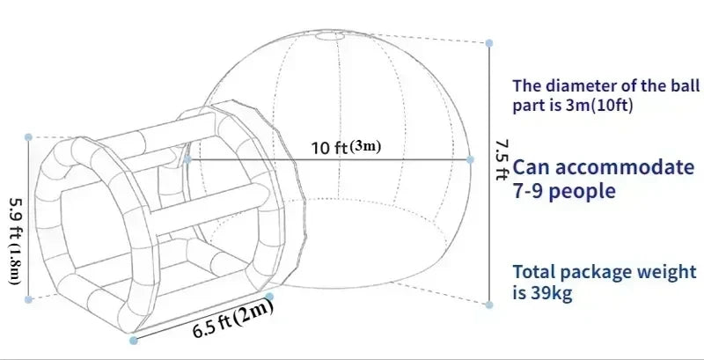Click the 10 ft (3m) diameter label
(346, 146)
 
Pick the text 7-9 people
(564, 191)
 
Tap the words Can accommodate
(604, 167)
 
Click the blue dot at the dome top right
(489, 40)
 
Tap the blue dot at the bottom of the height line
(489, 304)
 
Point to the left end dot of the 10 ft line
(187, 159)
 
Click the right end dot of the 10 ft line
(470, 159)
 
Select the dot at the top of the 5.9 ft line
(29, 137)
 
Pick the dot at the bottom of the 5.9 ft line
(29, 299)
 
